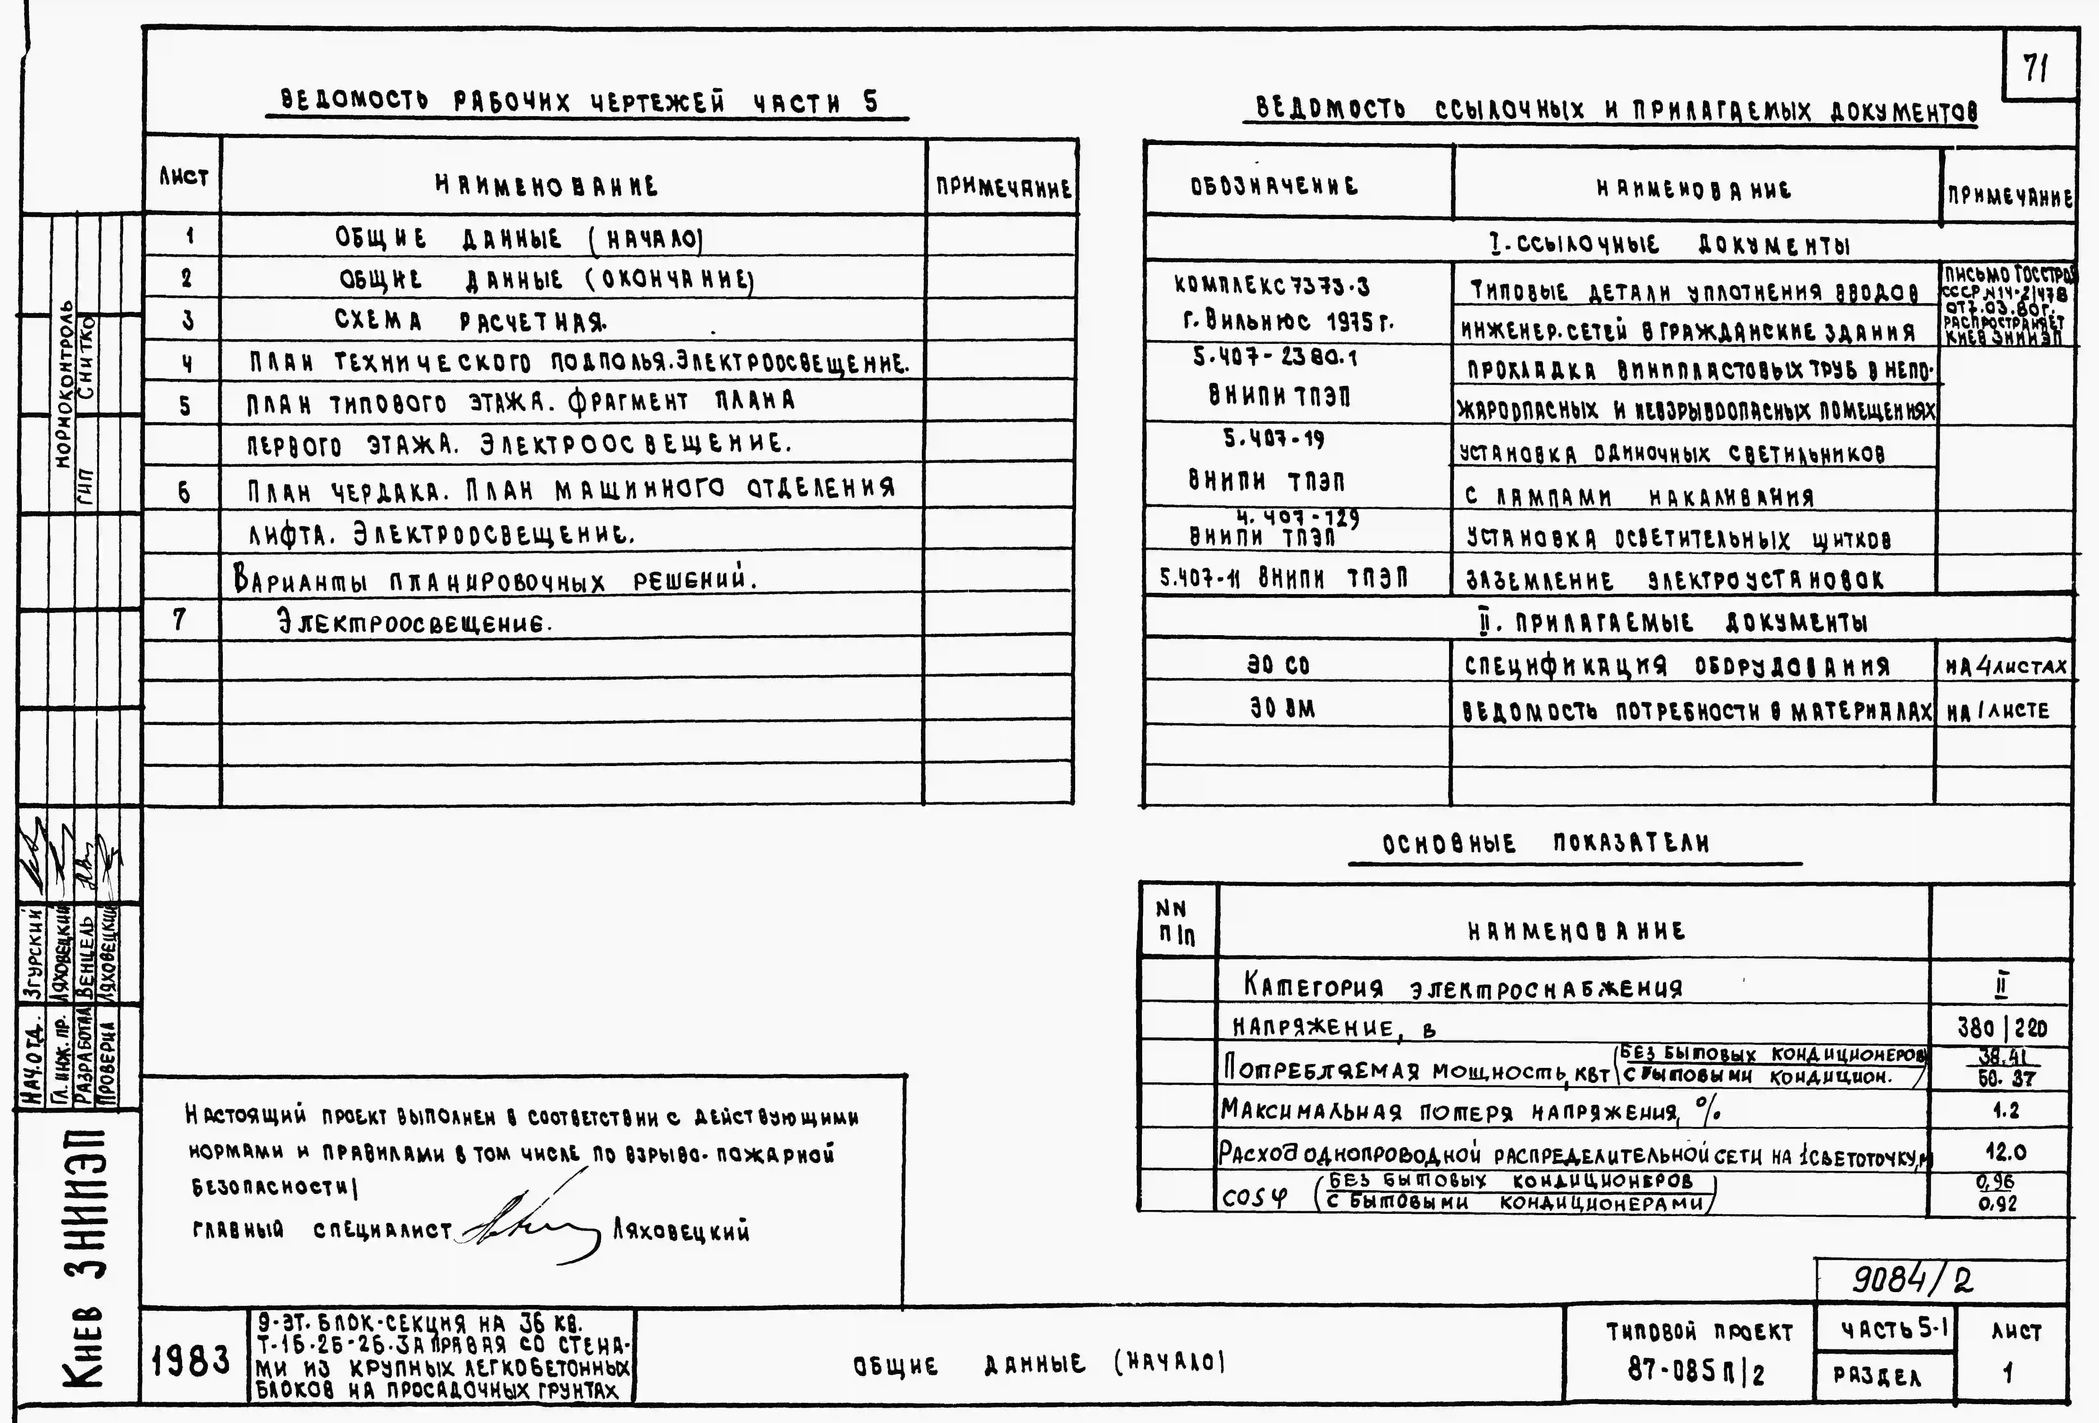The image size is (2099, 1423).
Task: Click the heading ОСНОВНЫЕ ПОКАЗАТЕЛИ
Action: (x=1546, y=844)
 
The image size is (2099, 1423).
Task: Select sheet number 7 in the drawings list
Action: (x=180, y=620)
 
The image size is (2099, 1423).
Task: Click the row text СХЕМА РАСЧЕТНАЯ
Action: (x=470, y=321)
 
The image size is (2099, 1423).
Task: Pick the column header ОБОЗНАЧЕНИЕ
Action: (x=1274, y=186)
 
